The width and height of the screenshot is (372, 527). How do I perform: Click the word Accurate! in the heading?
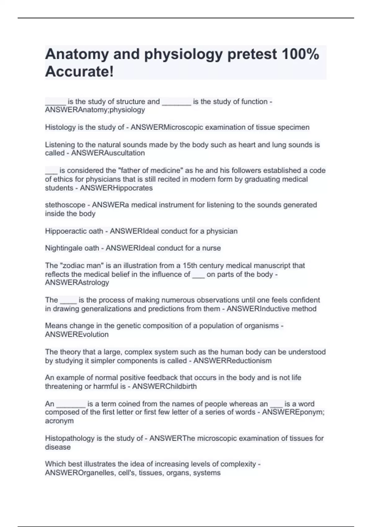[x=79, y=72]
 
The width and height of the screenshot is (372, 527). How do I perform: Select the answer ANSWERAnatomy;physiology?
[x=95, y=110]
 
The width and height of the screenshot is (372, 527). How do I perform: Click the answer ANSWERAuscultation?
[x=108, y=153]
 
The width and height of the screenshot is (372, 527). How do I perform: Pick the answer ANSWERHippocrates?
[x=116, y=188]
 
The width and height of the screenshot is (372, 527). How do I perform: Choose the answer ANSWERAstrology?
[x=77, y=282]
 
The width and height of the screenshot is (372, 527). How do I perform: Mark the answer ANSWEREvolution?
[x=77, y=334]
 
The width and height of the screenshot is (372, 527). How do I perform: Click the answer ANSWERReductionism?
[x=232, y=361]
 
